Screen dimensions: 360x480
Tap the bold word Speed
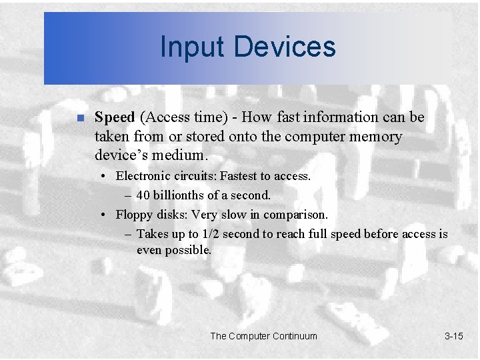coord(115,117)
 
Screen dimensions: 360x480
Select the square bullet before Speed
coord(79,119)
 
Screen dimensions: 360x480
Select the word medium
coord(184,156)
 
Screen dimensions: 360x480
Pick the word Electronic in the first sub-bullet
coord(143,177)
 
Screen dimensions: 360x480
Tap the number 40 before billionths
coord(143,196)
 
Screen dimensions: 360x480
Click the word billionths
coord(178,196)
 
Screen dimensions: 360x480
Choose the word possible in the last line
coord(189,251)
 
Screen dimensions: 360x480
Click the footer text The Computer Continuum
coord(263,336)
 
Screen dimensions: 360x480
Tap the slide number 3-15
coord(453,336)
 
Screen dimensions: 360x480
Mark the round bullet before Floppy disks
coord(104,216)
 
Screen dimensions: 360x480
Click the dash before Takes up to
coord(128,235)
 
